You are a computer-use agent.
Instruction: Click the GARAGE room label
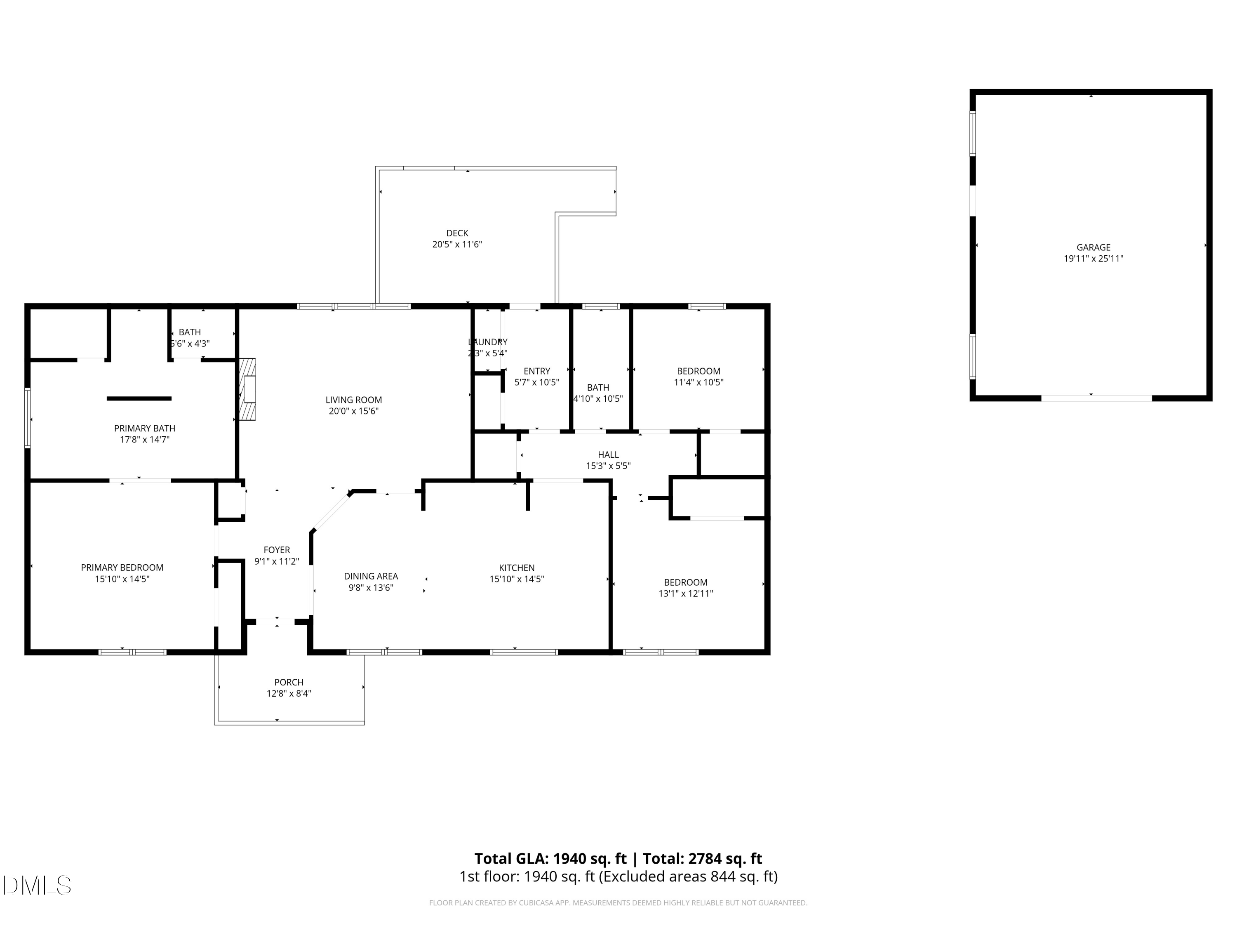1093,247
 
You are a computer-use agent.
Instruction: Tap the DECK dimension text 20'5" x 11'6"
457,245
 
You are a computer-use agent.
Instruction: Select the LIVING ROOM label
353,400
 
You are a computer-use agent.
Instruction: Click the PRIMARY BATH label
144,429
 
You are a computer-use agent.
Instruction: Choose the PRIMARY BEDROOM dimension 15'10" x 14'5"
122,579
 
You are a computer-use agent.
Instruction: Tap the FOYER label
276,550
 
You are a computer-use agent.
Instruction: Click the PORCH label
289,683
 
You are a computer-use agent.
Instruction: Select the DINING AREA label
370,576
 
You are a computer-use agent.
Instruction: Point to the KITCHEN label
516,568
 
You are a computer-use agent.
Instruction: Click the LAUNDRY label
488,342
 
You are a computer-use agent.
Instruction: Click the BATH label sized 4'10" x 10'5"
598,388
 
